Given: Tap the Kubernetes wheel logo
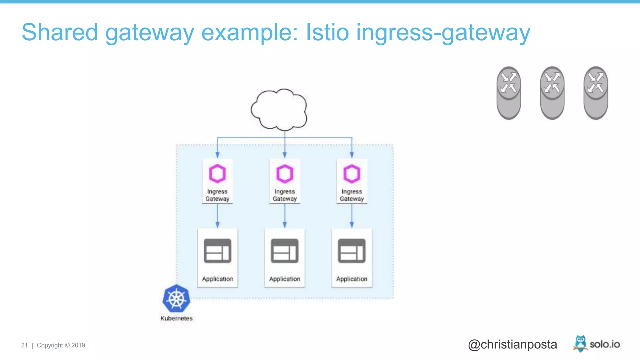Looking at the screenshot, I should click(x=176, y=298).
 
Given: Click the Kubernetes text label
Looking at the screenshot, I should click(x=176, y=318).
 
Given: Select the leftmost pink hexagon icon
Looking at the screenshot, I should click(x=217, y=173).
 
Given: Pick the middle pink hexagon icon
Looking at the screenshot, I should click(x=284, y=173).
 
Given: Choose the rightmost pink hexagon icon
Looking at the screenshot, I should click(x=352, y=173).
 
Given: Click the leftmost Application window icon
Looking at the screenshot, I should click(x=217, y=251).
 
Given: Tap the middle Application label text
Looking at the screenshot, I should click(x=284, y=279).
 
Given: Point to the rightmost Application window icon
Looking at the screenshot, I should click(x=352, y=251).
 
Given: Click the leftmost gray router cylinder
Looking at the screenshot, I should click(x=508, y=93).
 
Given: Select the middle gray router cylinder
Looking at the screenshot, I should click(x=552, y=93).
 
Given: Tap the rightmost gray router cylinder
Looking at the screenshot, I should click(x=596, y=93).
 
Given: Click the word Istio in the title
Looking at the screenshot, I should click(x=327, y=32).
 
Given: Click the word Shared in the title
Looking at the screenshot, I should click(x=60, y=32).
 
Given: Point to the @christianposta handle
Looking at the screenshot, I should click(x=512, y=344).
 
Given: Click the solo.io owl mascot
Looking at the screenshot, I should click(x=580, y=343).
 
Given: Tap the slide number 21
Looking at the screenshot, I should click(x=24, y=345).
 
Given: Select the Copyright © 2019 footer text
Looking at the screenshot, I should click(x=61, y=345).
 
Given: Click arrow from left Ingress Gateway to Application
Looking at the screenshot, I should click(x=217, y=216).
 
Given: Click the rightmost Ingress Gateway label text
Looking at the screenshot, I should click(x=352, y=195).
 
